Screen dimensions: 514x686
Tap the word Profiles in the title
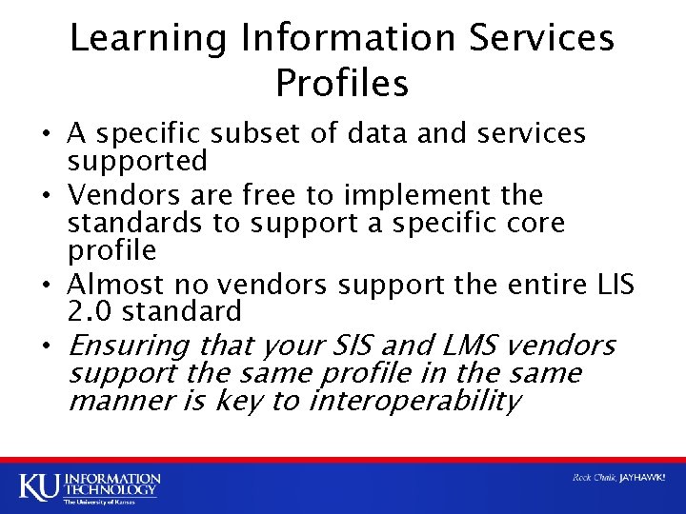pos(342,84)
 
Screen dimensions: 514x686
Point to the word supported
pos(137,161)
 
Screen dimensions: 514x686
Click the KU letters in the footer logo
pos(39,485)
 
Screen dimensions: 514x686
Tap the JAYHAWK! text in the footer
pos(642,478)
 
